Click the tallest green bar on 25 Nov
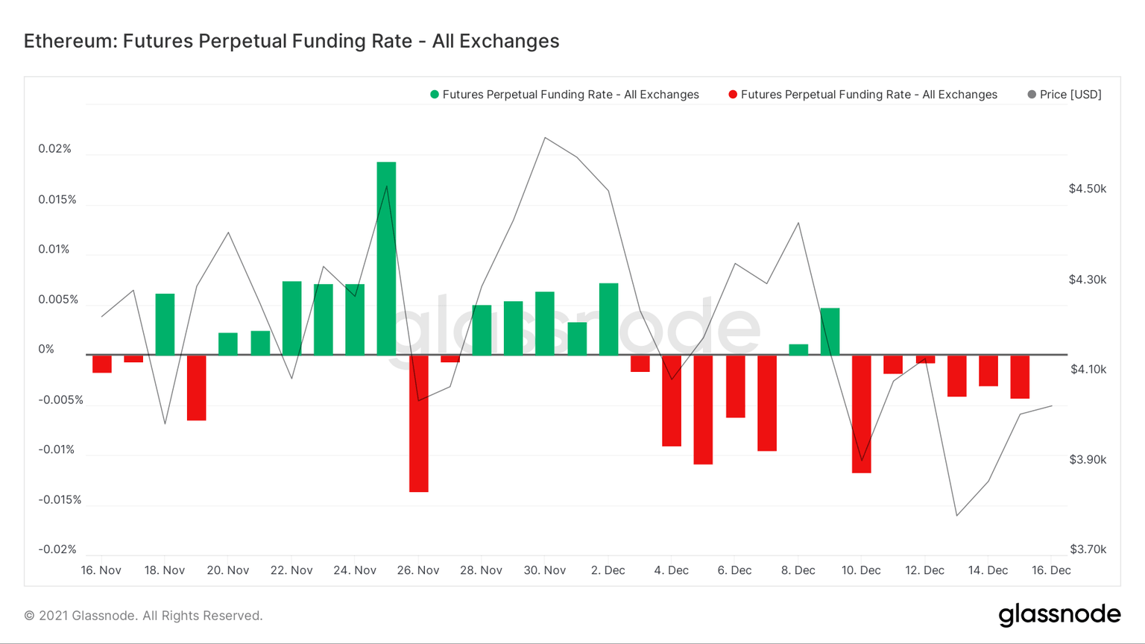point(386,258)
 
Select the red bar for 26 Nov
point(418,423)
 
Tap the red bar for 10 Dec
point(861,414)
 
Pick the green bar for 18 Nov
point(165,324)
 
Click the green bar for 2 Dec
point(608,319)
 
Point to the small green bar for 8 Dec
point(798,350)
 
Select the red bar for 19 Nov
point(197,388)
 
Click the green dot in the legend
point(435,95)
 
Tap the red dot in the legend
point(733,95)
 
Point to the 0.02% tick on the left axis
point(55,149)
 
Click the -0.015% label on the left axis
point(60,499)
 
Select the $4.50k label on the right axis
point(1087,189)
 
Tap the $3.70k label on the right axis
point(1088,549)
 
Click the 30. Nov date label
point(545,570)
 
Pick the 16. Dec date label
point(1051,570)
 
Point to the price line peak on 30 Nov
point(545,138)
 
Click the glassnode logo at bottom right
point(1059,615)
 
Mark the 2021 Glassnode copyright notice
point(143,616)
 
